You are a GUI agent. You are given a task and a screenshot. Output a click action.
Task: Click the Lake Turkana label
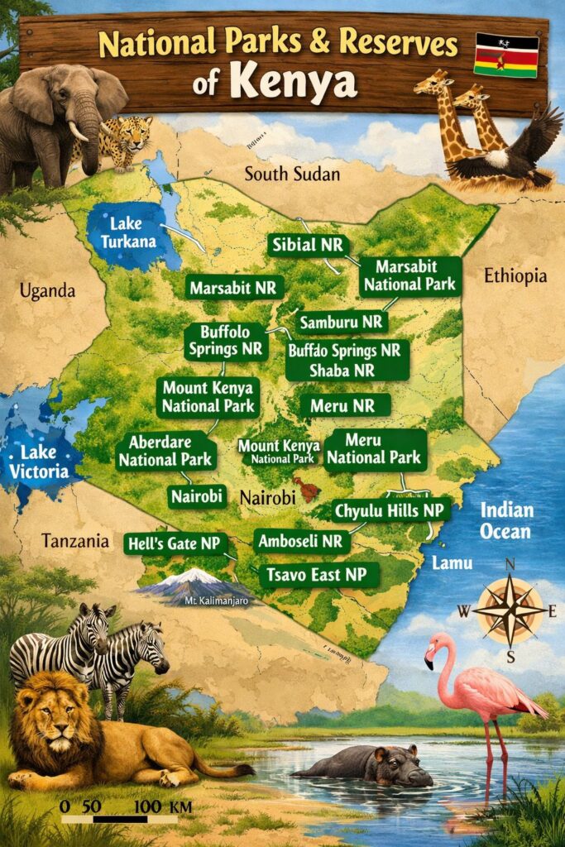[122, 233]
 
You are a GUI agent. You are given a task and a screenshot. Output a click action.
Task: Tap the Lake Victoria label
[38, 463]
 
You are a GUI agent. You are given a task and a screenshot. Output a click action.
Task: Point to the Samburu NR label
[342, 322]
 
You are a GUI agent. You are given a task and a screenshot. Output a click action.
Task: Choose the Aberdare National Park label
[165, 452]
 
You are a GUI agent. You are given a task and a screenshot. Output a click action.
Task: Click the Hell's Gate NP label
[175, 543]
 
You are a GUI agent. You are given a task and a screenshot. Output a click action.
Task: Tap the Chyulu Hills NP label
[389, 511]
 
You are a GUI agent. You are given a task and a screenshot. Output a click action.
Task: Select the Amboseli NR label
[300, 542]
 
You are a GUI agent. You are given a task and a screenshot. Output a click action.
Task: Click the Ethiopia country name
[516, 275]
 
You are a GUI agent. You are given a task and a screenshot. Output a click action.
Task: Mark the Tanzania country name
[75, 542]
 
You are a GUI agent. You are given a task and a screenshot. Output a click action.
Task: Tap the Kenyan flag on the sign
[505, 55]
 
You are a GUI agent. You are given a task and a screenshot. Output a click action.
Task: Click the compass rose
[510, 611]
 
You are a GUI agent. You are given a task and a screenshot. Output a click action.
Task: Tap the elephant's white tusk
[78, 131]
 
